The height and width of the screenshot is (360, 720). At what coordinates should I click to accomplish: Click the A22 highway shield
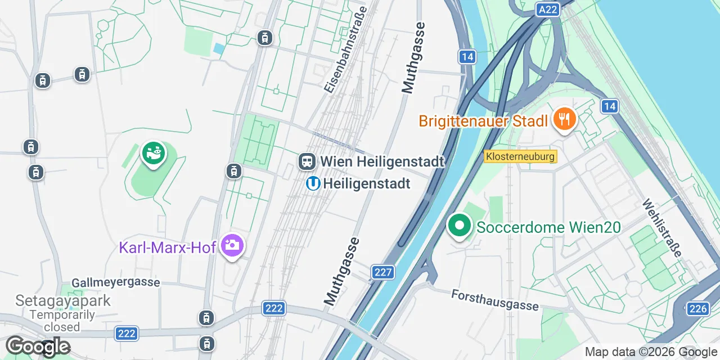click(x=547, y=10)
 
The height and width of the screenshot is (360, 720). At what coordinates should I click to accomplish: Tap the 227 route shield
click(x=382, y=273)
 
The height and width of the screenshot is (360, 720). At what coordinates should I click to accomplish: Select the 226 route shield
click(x=697, y=308)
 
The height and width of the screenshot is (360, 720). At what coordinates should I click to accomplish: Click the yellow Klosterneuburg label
click(x=520, y=156)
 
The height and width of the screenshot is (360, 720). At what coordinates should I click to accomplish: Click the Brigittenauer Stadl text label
click(x=483, y=121)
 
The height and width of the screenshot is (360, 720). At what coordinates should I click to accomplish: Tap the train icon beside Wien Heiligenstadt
click(x=307, y=161)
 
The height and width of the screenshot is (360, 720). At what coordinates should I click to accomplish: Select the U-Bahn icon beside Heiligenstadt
click(x=313, y=183)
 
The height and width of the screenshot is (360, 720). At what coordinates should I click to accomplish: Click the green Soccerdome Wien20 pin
click(x=460, y=226)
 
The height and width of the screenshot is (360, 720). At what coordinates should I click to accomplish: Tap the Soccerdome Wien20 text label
click(x=549, y=227)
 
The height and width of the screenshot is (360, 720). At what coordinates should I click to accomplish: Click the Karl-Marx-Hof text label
click(x=168, y=247)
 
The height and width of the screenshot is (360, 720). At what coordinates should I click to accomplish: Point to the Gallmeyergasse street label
click(x=116, y=282)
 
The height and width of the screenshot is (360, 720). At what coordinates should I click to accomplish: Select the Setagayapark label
click(x=63, y=300)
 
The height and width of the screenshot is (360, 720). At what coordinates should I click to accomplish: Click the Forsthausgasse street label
click(x=495, y=300)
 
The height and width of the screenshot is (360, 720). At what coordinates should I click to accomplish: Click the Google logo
click(x=38, y=346)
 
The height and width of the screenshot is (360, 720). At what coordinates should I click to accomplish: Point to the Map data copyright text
click(x=650, y=352)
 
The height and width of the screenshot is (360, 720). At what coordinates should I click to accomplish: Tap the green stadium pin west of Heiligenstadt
click(x=153, y=153)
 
